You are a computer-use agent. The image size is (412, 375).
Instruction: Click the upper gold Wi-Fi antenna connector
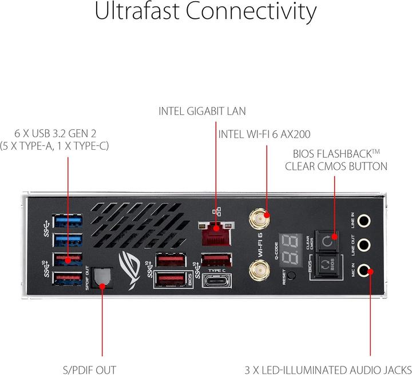(x=259, y=218)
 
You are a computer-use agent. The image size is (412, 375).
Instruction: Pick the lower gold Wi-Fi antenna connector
(x=259, y=268)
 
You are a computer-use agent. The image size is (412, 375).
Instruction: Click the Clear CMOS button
(x=326, y=241)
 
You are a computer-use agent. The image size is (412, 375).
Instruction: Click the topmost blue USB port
(x=67, y=220)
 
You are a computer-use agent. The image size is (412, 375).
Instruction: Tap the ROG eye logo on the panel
(x=131, y=264)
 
